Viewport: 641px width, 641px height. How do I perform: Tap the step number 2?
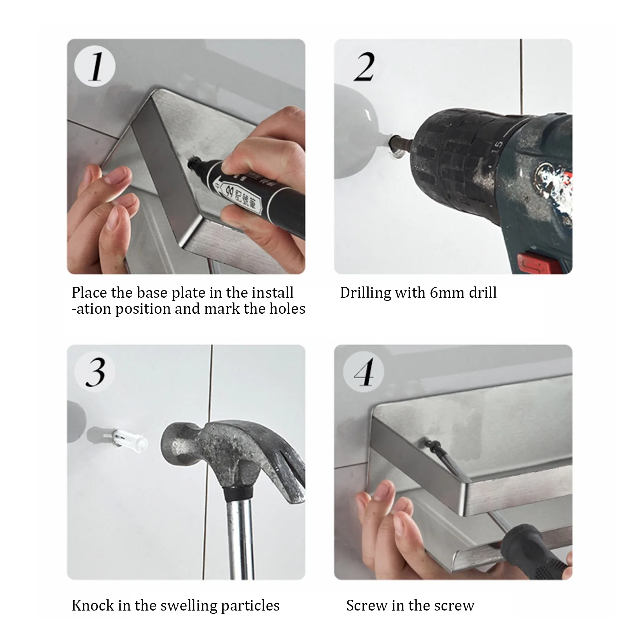[x=364, y=67]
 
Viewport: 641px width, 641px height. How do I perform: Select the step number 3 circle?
[x=95, y=372]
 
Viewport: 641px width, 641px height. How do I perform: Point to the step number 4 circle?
[x=363, y=372]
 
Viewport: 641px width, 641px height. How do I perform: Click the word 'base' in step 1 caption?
[x=153, y=292]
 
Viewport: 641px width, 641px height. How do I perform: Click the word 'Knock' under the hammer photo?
[x=93, y=605]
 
